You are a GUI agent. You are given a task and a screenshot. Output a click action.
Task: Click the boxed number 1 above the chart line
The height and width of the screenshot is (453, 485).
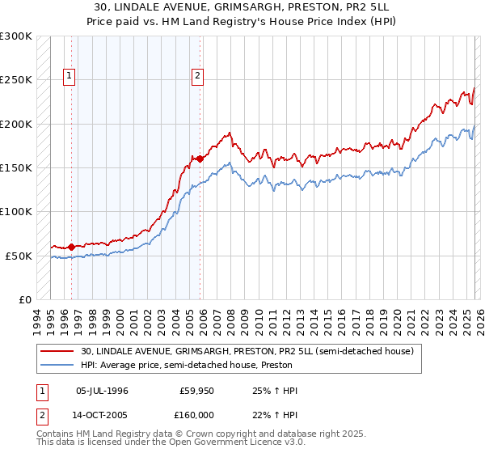coord(70,77)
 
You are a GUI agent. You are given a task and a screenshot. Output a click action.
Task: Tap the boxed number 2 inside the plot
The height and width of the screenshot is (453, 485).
coord(197,77)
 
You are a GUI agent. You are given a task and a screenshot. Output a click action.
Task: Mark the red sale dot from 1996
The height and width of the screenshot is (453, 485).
coord(71,247)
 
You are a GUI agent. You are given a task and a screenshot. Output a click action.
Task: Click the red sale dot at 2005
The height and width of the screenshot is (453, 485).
coord(200,159)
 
